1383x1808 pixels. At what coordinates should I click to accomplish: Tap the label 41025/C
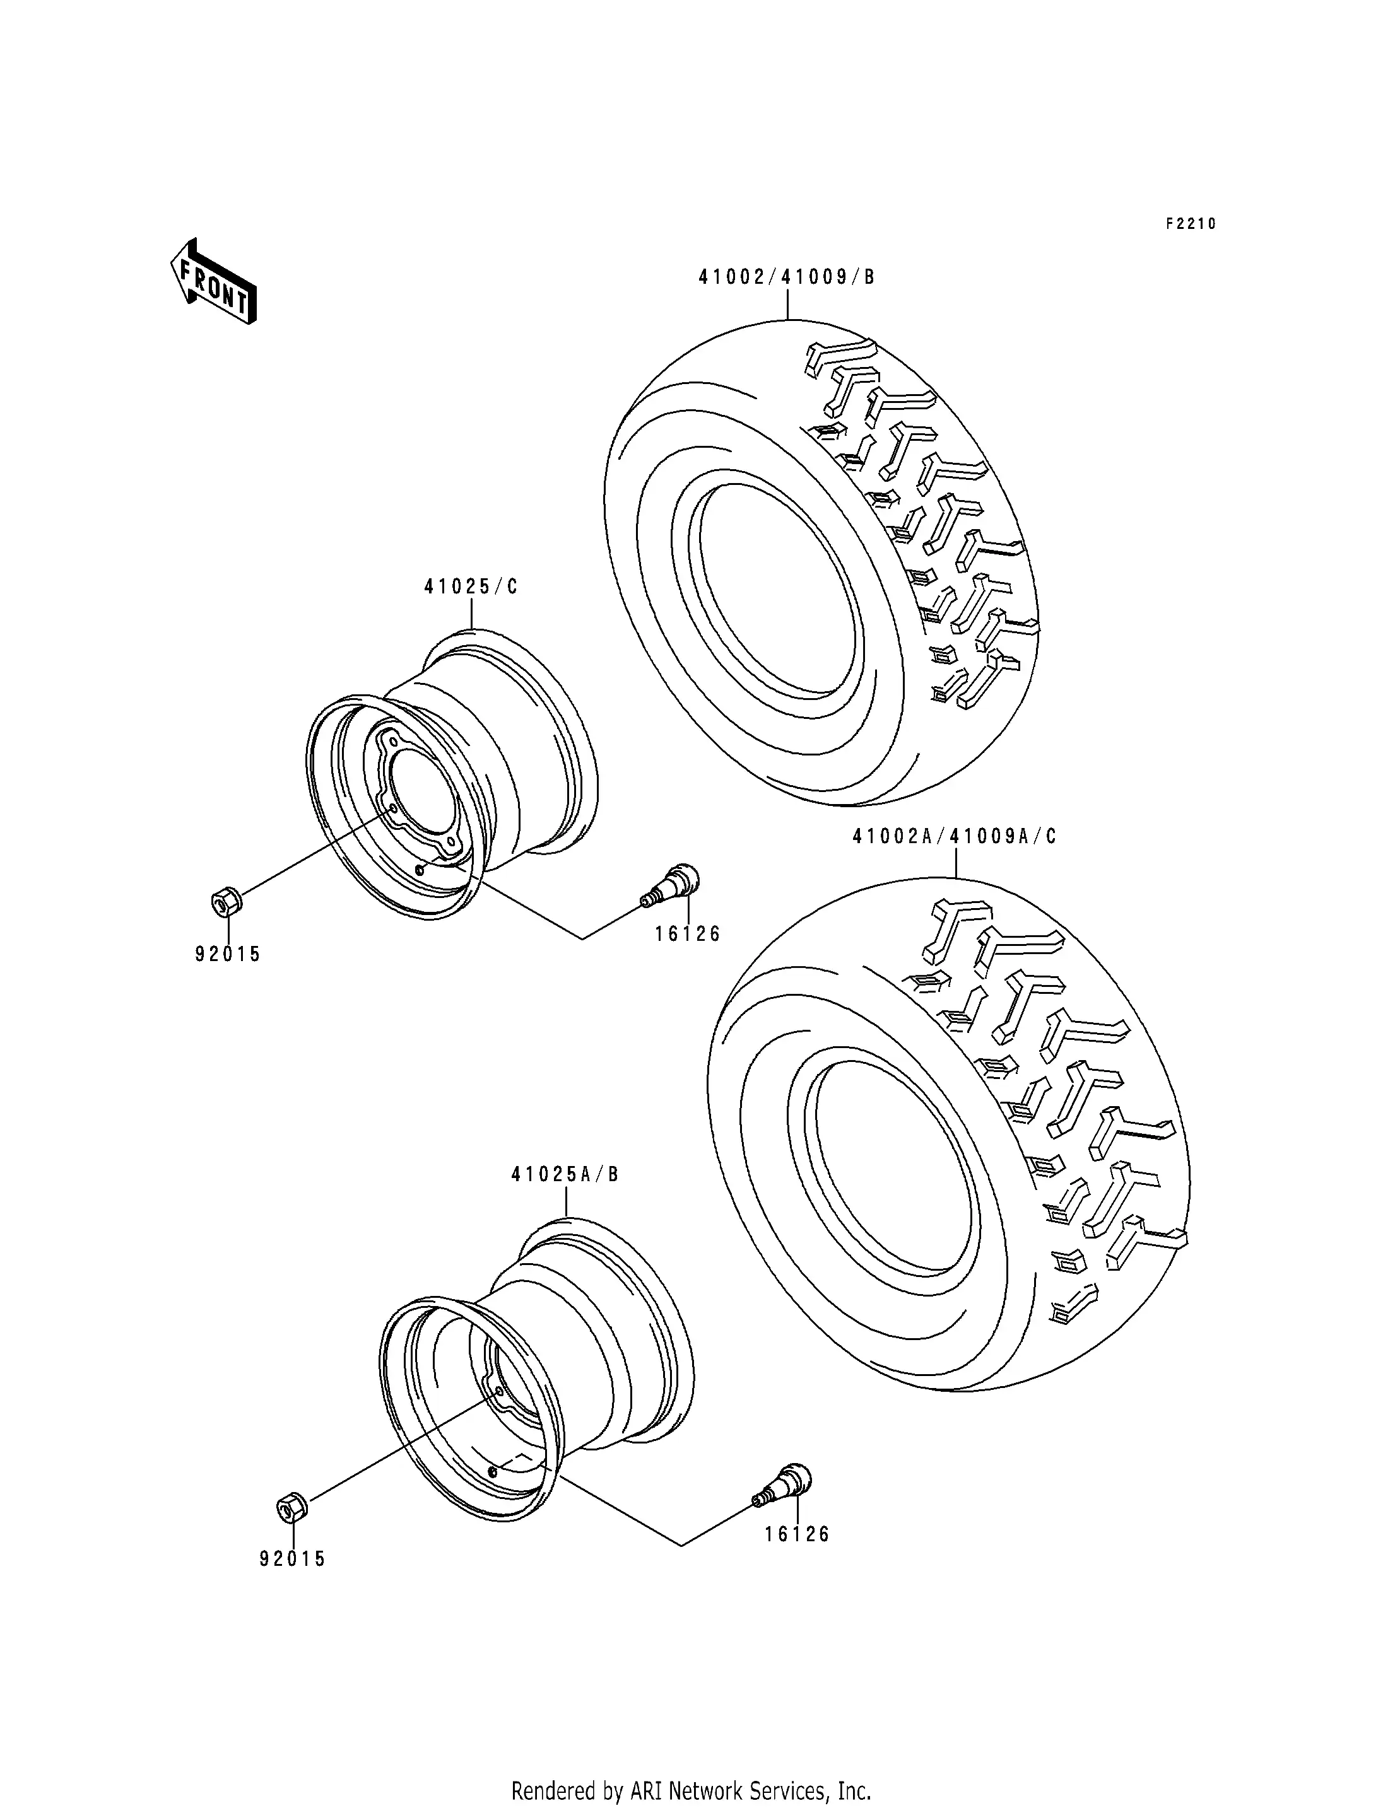click(x=471, y=586)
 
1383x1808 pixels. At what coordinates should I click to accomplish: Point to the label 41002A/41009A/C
click(x=954, y=837)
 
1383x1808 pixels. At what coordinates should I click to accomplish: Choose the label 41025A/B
click(x=565, y=1174)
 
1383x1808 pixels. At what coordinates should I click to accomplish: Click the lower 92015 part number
click(x=292, y=1559)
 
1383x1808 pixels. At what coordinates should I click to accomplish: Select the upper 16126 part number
click(x=687, y=933)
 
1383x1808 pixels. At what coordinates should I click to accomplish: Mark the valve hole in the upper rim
click(x=420, y=869)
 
